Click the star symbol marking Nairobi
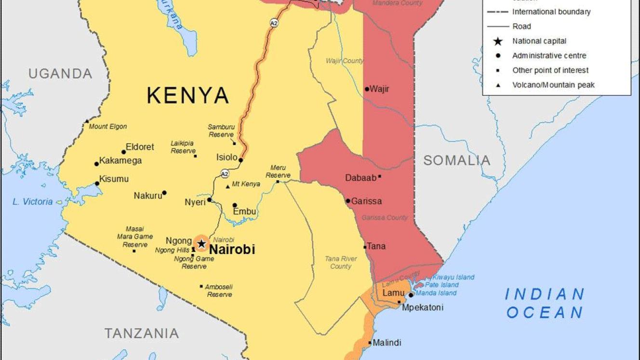pos(201,244)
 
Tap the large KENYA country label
pos(187,95)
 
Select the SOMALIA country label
pos(456,160)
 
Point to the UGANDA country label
pos(60,74)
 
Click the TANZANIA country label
pos(142,333)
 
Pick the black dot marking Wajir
pos(367,89)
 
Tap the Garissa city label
pos(366,201)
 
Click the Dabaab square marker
pos(379,177)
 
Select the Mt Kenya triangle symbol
pos(228,187)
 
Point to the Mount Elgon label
pos(107,127)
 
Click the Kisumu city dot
pos(97,184)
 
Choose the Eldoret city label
pos(140,147)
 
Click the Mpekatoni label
pos(422,307)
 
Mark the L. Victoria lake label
pos(33,202)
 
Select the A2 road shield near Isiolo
pos(225,173)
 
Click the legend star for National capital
pos(498,41)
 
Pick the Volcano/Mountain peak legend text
pos(553,85)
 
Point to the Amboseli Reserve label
pos(219,291)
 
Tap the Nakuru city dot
pos(164,193)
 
